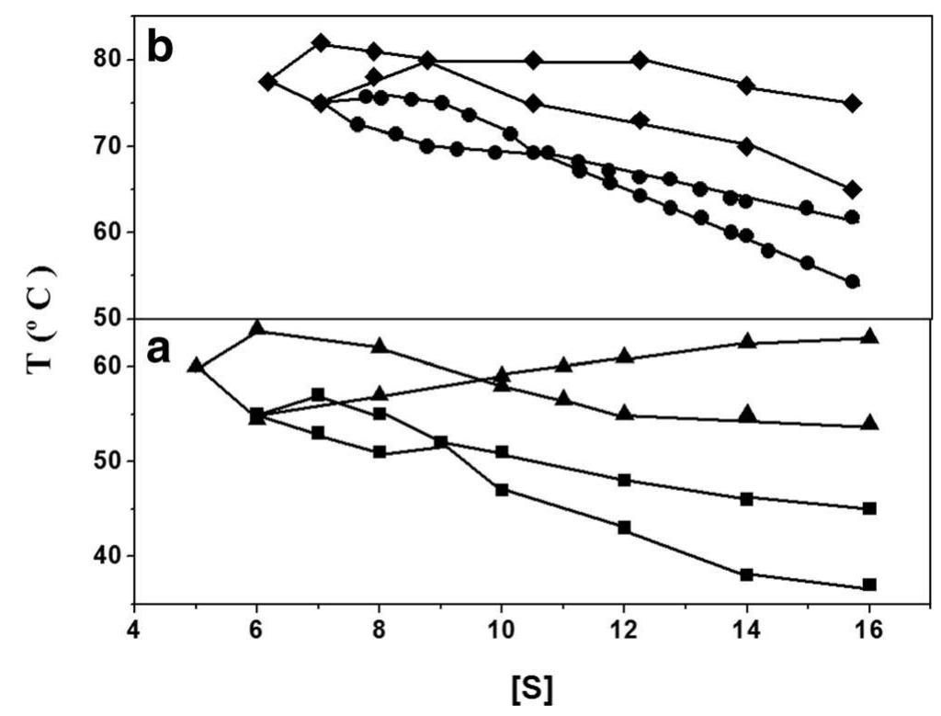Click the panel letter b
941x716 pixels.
161,46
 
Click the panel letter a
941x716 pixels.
159,350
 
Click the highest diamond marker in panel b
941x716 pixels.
321,42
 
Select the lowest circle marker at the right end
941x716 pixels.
852,281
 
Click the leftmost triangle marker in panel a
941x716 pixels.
195,364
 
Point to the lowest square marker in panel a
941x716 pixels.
869,585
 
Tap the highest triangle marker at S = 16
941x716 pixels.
869,336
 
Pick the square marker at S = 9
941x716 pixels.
440,442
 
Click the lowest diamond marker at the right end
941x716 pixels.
853,189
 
